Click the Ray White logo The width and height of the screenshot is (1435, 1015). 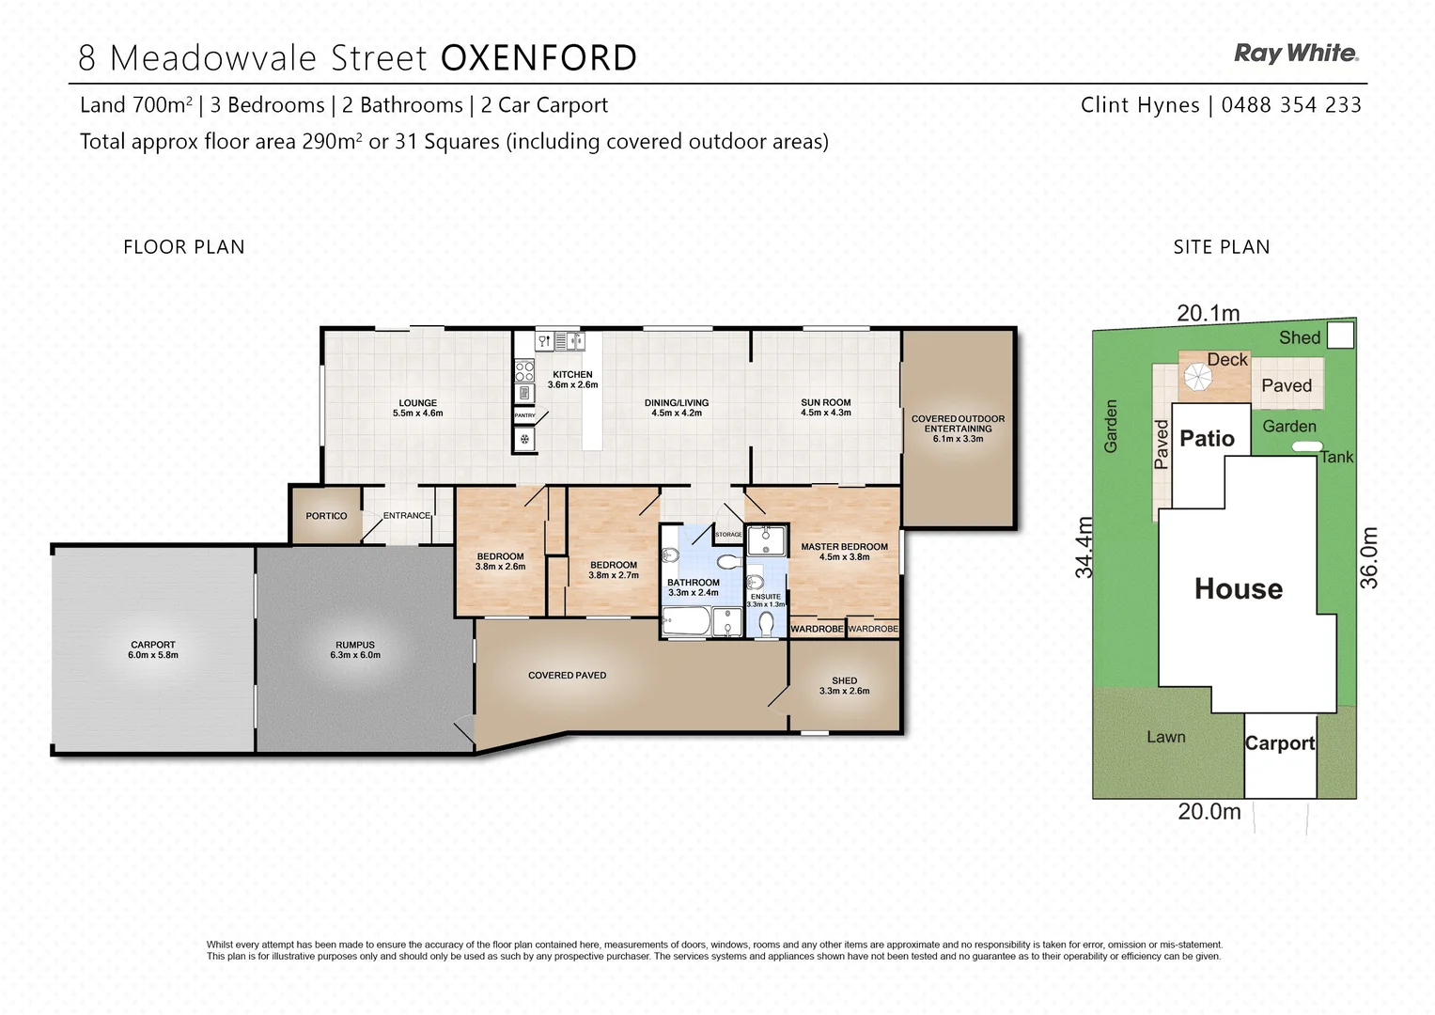pyautogui.click(x=1295, y=54)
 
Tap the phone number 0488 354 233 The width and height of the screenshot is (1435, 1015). pyautogui.click(x=1290, y=105)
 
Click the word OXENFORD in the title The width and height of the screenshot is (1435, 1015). pyautogui.click(x=538, y=58)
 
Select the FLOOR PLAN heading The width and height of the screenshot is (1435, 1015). pyautogui.click(x=184, y=247)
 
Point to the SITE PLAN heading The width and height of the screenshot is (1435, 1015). pyautogui.click(x=1221, y=247)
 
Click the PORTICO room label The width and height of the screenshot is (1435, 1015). pyautogui.click(x=326, y=516)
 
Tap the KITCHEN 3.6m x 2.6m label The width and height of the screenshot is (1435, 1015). pyautogui.click(x=572, y=379)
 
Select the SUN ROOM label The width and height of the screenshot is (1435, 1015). pyautogui.click(x=825, y=407)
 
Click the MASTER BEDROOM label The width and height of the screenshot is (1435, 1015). pyautogui.click(x=844, y=551)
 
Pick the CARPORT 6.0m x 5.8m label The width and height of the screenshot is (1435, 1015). pyautogui.click(x=153, y=649)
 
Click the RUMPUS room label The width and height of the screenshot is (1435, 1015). pyautogui.click(x=355, y=649)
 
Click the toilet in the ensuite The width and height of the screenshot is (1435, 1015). pyautogui.click(x=766, y=622)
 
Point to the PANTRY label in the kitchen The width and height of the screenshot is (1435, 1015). pyautogui.click(x=524, y=415)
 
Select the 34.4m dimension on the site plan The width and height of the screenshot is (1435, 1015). pyautogui.click(x=1084, y=547)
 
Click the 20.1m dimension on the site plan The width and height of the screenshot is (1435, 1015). pyautogui.click(x=1208, y=313)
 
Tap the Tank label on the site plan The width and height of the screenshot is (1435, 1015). pyautogui.click(x=1336, y=457)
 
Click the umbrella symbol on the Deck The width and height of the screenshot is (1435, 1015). pyautogui.click(x=1197, y=377)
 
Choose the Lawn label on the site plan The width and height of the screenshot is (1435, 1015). pyautogui.click(x=1165, y=737)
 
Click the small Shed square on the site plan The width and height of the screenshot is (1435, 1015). pyautogui.click(x=1340, y=335)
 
